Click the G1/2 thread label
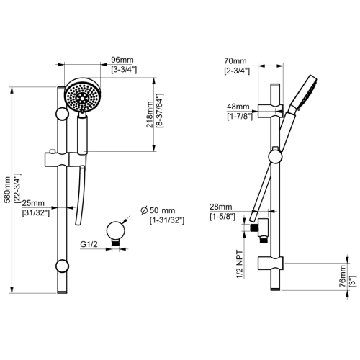[x=90, y=245]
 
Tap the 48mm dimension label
[x=238, y=105]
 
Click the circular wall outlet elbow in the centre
[x=113, y=230]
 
